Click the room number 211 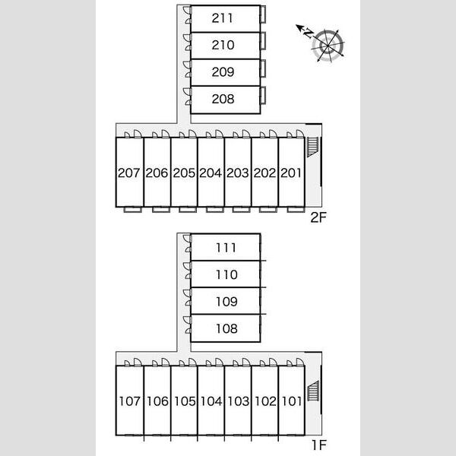tap(222, 18)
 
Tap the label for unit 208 tap(223, 99)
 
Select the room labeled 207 tap(129, 173)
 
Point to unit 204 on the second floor tap(211, 173)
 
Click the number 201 tap(291, 173)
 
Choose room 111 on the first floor tap(226, 248)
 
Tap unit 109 tap(226, 302)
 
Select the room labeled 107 tap(130, 401)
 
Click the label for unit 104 tap(211, 401)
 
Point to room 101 tap(292, 401)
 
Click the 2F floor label tap(318, 217)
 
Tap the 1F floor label tap(319, 445)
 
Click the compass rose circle tap(328, 46)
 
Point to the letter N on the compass tap(308, 33)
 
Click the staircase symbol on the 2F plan tap(313, 147)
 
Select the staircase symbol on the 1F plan tap(313, 391)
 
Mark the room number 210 tap(223, 45)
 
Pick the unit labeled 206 tap(157, 173)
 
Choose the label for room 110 tap(226, 275)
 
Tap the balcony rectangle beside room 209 tap(263, 68)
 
